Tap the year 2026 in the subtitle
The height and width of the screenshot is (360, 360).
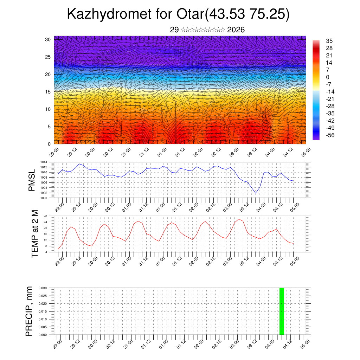[x=236, y=30]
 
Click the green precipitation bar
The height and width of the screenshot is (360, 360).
[x=282, y=311]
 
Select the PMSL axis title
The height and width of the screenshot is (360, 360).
[x=32, y=180]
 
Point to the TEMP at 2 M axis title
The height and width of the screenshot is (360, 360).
[x=34, y=233]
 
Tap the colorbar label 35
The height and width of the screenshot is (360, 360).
[x=329, y=41]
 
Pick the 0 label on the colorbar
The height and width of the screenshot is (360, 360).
[x=328, y=77]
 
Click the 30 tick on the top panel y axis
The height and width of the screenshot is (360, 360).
[x=48, y=39]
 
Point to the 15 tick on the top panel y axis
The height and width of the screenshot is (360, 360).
[x=48, y=92]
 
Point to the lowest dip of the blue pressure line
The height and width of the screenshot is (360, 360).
[x=256, y=193]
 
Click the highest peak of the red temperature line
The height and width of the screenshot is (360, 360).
[x=239, y=219]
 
